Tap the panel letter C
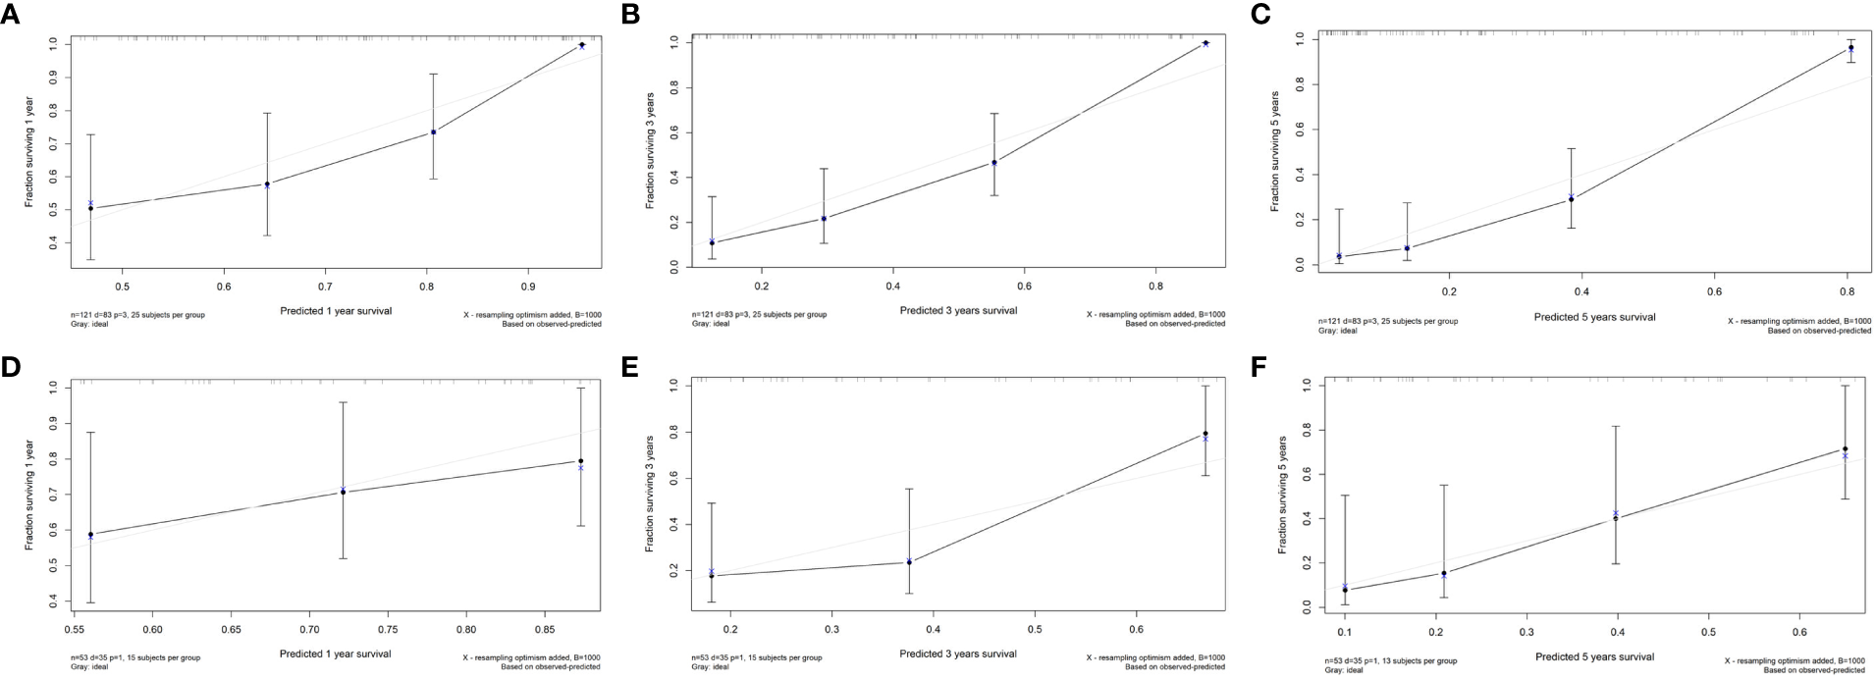click(1261, 14)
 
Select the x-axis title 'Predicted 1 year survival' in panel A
click(335, 311)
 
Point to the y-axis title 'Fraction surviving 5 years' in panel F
click(1282, 496)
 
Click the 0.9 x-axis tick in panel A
click(528, 287)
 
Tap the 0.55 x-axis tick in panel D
click(74, 629)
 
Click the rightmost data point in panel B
click(1205, 43)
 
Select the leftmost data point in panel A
click(91, 208)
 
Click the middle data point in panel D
click(343, 492)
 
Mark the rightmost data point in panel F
click(1845, 449)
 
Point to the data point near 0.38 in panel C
click(1571, 199)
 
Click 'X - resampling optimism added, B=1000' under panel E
click(1155, 657)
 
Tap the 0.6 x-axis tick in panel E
click(1137, 629)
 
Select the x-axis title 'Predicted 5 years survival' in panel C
click(1594, 317)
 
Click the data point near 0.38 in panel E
click(909, 562)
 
